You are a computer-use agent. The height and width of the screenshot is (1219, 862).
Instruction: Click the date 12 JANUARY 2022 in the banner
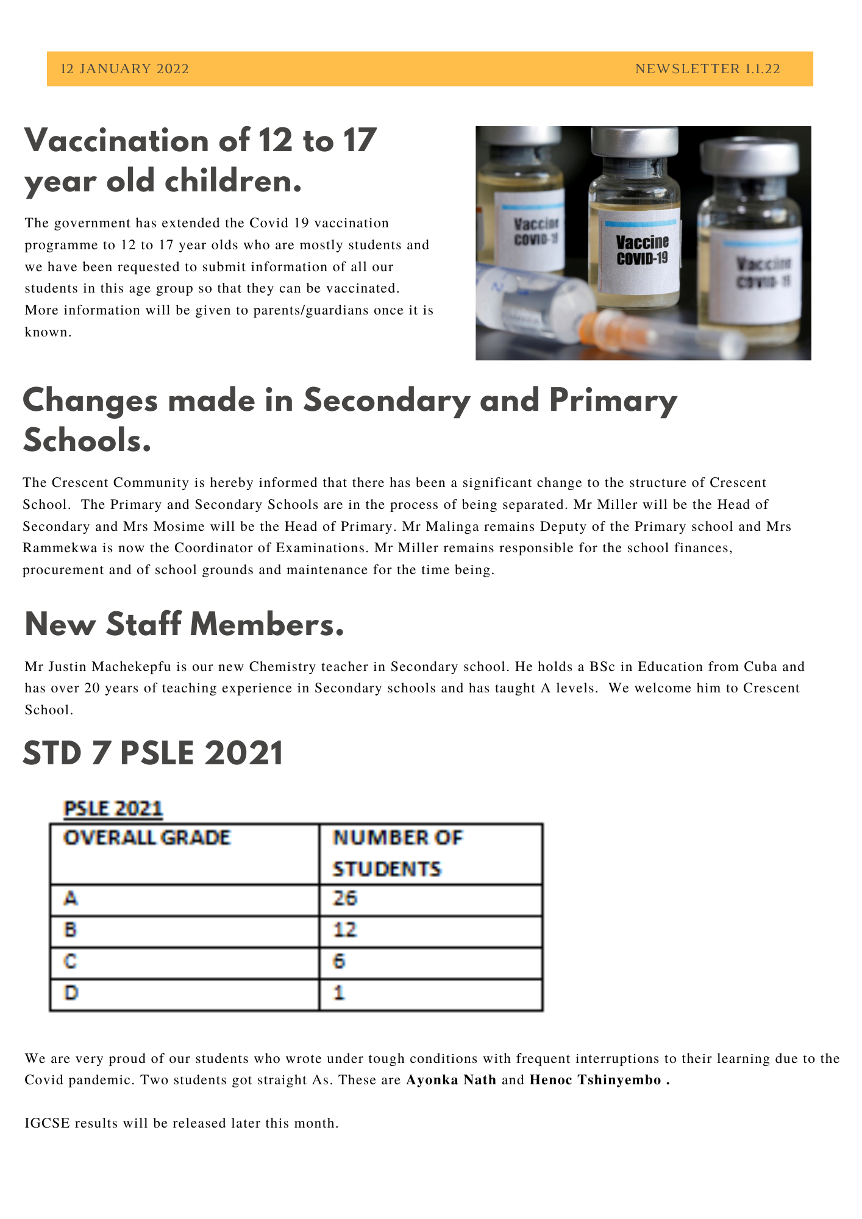click(124, 69)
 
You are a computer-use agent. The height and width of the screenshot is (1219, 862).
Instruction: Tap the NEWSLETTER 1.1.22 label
click(707, 69)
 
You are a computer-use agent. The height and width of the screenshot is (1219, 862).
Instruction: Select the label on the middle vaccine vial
click(641, 250)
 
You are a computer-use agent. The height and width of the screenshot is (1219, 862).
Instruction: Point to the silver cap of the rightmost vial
click(749, 156)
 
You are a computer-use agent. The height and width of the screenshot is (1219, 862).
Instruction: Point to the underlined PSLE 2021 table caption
click(113, 809)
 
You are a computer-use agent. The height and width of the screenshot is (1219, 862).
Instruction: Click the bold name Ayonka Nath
click(451, 1080)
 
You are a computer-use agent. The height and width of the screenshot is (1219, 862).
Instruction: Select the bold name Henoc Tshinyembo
click(595, 1080)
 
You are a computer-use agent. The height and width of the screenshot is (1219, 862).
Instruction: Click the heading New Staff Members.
click(184, 625)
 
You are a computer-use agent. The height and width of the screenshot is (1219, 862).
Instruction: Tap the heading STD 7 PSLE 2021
click(153, 753)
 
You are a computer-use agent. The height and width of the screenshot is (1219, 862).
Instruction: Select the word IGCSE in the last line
click(48, 1123)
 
